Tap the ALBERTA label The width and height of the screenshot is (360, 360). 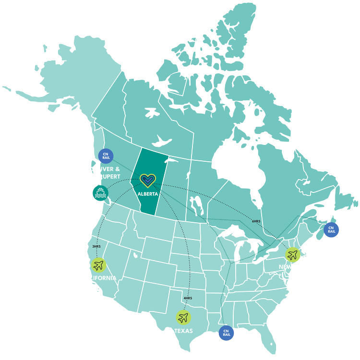click(148, 194)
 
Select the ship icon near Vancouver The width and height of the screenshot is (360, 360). click(100, 193)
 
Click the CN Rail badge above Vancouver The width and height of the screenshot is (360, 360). click(106, 156)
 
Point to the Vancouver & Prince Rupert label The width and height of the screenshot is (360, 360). click(98, 173)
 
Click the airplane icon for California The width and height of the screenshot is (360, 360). click(98, 264)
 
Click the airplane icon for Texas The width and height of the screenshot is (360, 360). click(182, 317)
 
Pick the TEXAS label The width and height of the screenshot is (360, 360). click(183, 331)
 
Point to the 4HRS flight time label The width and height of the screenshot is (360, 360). click(187, 298)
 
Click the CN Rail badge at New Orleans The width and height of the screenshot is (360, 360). click(226, 332)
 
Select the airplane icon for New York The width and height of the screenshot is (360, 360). click(292, 254)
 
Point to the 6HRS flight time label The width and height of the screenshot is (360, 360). click(256, 222)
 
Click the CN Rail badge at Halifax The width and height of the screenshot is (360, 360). click(331, 229)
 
